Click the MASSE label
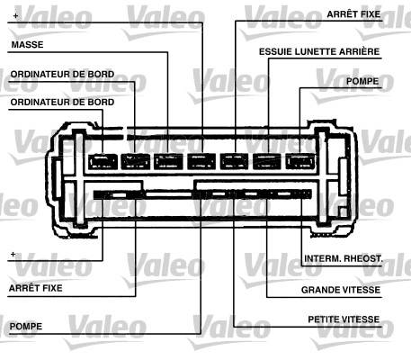27,45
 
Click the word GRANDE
319,290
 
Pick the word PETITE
324,319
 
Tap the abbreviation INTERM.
322,258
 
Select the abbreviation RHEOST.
362,258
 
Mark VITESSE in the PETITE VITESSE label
362,319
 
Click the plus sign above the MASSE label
15,15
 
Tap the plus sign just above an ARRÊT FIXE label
13,255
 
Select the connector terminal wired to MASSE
168,162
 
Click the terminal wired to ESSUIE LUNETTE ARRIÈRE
267,162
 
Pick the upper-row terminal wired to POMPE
299,162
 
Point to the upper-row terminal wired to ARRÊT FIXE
234,162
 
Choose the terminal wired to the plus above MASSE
201,162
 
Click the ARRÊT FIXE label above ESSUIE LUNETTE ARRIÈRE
353,14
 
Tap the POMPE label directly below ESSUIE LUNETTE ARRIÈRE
362,81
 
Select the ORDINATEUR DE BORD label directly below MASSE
62,75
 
